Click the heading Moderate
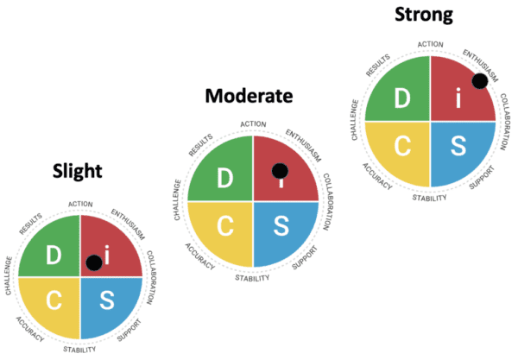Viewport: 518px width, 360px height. click(x=250, y=95)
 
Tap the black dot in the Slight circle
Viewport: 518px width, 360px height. click(x=94, y=262)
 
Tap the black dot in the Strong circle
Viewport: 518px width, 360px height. click(x=480, y=81)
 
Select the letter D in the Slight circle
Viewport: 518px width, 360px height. click(x=54, y=256)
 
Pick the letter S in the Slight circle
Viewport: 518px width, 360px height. click(x=107, y=301)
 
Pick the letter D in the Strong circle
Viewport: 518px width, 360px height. click(x=402, y=98)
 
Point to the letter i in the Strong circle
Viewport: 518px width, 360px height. click(x=458, y=99)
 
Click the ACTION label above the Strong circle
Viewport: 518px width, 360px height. click(x=430, y=44)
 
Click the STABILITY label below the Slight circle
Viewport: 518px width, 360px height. click(x=79, y=350)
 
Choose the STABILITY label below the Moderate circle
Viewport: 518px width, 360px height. click(x=253, y=277)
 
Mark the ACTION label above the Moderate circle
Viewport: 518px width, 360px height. click(x=253, y=124)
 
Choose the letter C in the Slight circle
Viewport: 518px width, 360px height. click(x=54, y=301)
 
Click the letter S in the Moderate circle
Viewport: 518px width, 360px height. click(x=281, y=227)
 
